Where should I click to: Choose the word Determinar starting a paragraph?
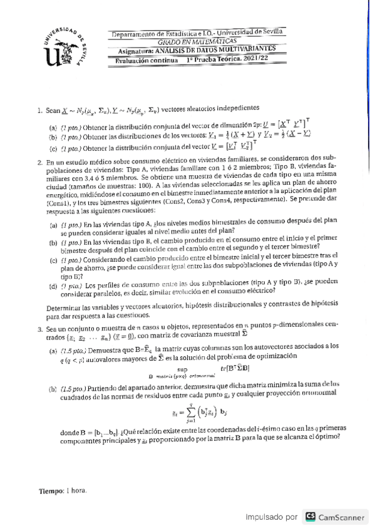(x=64, y=306)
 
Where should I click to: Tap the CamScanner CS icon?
(x=310, y=517)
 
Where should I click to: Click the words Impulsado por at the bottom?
(x=270, y=517)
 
